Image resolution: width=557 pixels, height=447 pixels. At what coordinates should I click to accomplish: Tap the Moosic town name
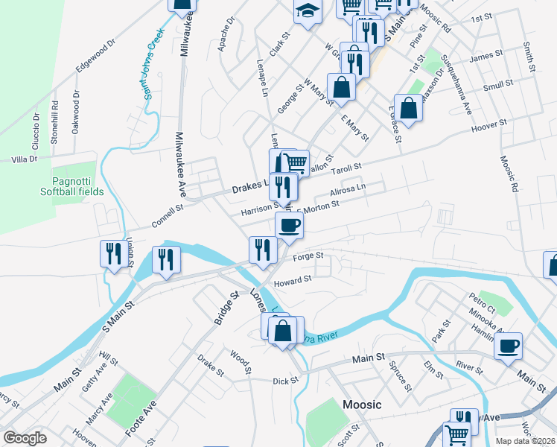point(362,405)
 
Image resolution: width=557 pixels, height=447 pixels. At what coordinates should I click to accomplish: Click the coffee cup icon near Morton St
point(289,225)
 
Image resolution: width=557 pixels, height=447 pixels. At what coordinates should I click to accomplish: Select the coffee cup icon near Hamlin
point(508,346)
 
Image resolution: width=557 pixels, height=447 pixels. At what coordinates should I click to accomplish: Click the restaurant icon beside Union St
point(111,254)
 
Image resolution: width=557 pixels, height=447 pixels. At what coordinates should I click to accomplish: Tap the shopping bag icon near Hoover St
point(409,108)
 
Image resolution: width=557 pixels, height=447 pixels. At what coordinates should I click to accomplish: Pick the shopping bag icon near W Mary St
point(341,86)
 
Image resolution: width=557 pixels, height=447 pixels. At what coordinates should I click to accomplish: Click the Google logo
point(25,438)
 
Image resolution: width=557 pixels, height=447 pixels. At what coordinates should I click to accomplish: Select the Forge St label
point(308,256)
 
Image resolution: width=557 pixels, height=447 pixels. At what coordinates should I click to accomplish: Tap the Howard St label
point(292,281)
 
